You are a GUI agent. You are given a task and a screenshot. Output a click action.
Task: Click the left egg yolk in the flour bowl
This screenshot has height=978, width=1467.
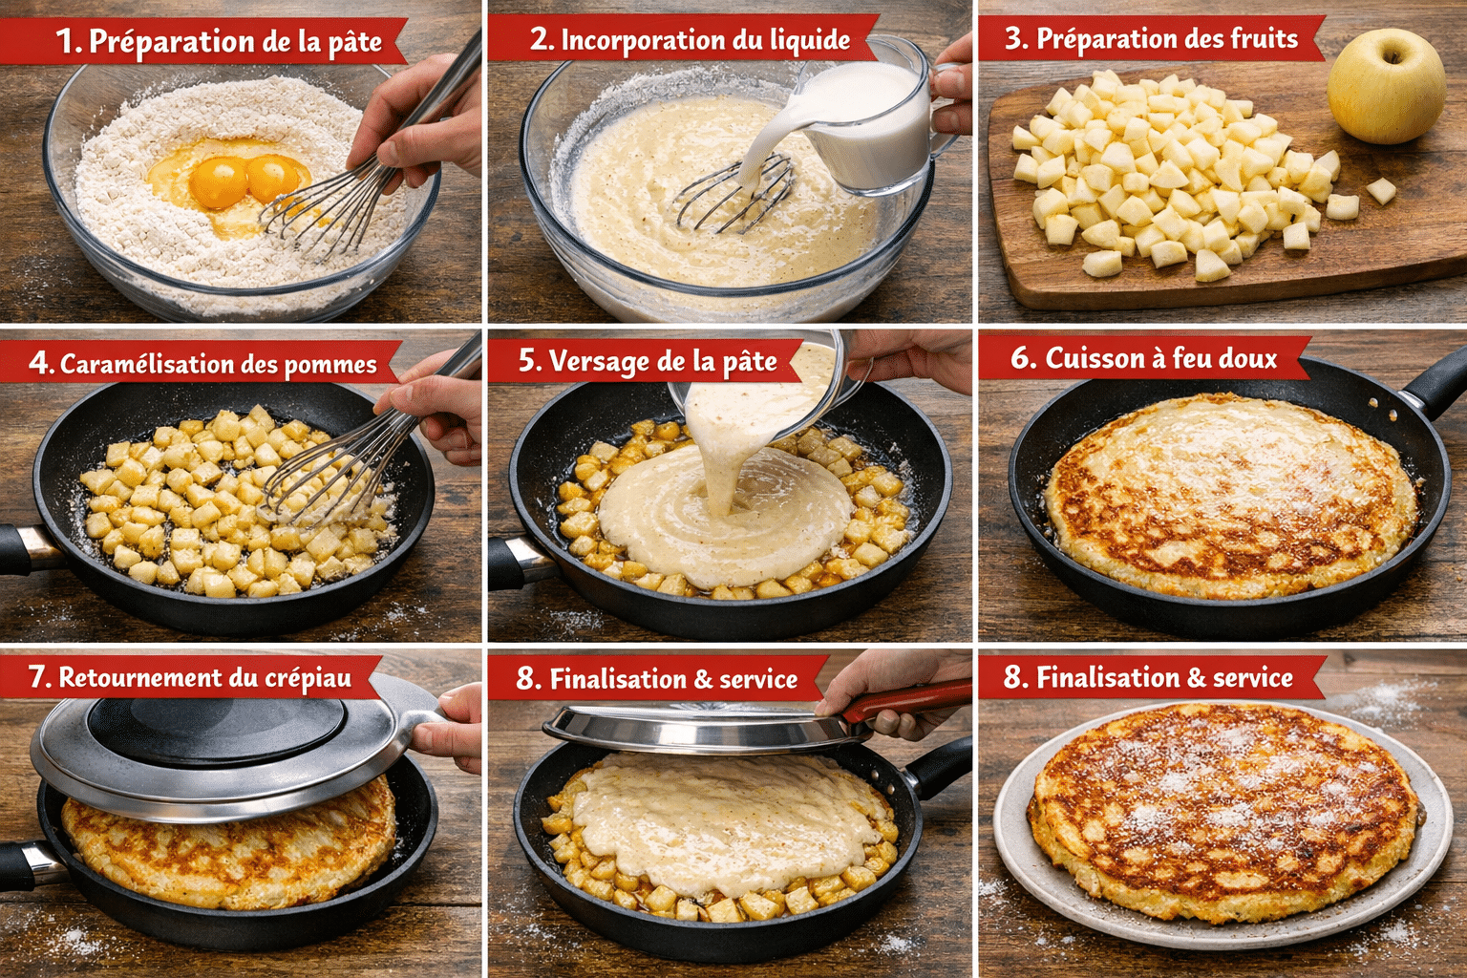tap(219, 181)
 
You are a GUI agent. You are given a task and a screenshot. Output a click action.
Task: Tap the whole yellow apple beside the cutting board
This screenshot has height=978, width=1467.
tap(1386, 86)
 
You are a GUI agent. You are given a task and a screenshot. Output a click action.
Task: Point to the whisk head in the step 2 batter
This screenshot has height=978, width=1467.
tap(733, 192)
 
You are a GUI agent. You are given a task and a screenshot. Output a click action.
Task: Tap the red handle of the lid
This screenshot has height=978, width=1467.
tap(906, 699)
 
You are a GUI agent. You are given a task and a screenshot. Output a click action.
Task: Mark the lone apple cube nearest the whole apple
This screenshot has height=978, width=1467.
tap(1381, 191)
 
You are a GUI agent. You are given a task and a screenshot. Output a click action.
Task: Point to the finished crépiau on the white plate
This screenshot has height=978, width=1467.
tap(1223, 811)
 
